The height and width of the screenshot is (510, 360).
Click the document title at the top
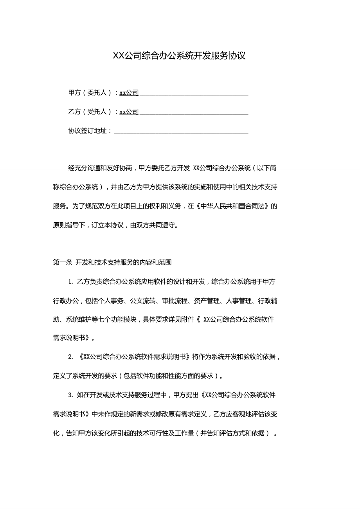(179, 56)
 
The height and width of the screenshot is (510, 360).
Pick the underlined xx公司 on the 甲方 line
(129, 93)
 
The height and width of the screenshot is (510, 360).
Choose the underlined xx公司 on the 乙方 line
(129, 112)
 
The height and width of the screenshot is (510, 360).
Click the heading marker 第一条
(62, 263)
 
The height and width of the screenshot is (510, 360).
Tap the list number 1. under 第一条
(71, 282)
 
